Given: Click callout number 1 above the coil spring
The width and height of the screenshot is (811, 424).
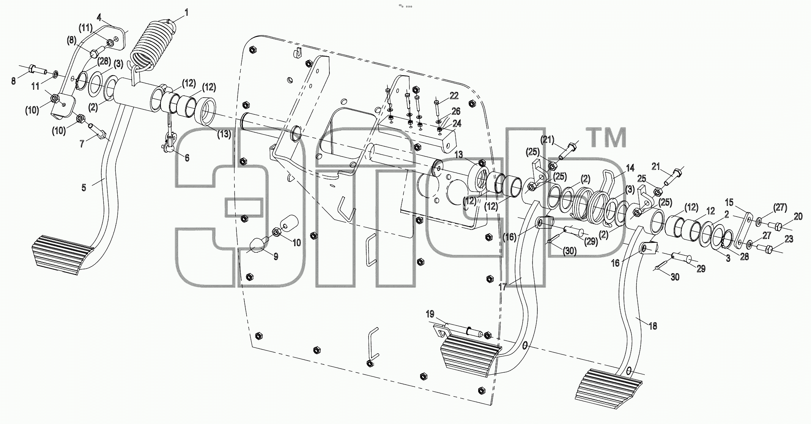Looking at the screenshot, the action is tap(186, 13).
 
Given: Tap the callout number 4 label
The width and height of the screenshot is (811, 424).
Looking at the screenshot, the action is tap(99, 17).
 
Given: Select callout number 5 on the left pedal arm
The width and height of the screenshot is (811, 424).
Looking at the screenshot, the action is tap(84, 187).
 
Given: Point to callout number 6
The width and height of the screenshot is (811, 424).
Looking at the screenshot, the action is tap(187, 157).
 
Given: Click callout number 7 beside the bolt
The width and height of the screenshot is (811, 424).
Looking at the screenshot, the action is tap(82, 144).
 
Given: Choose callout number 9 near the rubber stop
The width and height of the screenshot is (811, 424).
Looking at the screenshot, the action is tap(276, 256).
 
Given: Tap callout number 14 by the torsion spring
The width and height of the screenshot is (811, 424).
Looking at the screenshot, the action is tap(630, 168).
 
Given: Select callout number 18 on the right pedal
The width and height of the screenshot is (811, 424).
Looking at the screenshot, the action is tap(653, 326).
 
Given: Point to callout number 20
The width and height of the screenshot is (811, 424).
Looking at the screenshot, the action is tap(798, 217).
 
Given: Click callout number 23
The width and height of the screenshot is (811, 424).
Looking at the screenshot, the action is tap(789, 239).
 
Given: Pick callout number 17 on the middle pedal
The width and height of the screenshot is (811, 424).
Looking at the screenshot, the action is tap(502, 287).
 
